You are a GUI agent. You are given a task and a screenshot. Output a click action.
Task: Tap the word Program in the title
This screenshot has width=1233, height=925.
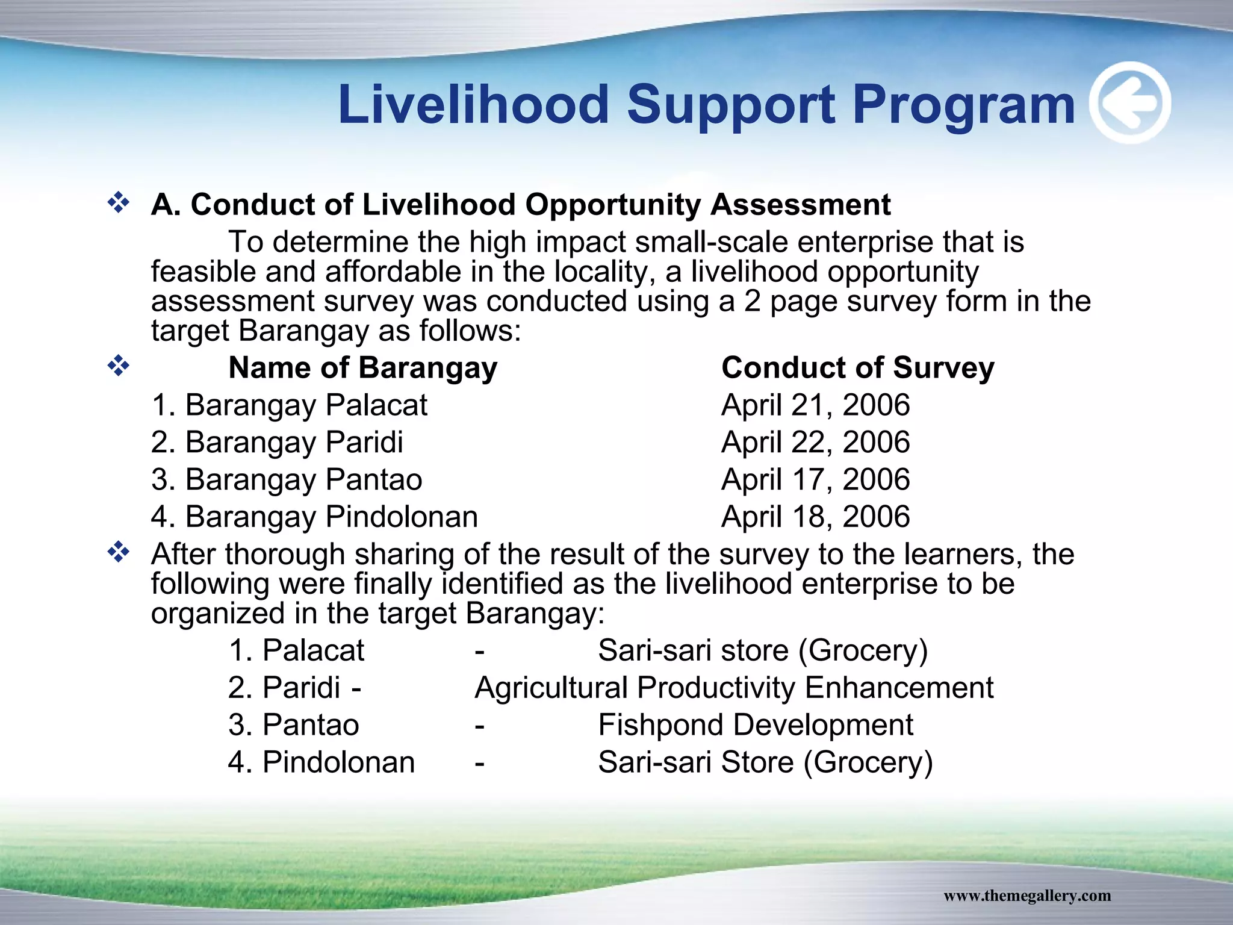(x=963, y=105)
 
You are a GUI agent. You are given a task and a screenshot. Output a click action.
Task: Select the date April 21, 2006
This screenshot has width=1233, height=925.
(x=815, y=405)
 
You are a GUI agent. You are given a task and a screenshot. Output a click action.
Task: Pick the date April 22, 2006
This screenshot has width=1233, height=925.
(x=815, y=442)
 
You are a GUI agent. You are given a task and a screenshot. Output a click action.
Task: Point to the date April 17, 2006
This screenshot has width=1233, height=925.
(x=815, y=479)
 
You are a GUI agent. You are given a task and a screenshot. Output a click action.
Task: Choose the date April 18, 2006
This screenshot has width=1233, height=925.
(x=815, y=517)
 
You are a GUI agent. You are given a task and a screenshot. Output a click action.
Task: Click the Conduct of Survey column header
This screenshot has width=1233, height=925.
(x=857, y=367)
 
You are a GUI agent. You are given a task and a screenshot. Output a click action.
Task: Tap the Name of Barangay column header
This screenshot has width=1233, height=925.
(x=363, y=367)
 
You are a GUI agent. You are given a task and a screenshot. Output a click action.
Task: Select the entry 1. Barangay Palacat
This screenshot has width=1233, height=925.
(x=289, y=405)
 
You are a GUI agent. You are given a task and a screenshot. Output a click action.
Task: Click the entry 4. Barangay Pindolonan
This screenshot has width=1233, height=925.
(x=314, y=517)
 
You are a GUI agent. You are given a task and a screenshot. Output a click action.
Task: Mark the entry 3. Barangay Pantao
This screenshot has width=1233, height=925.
(x=287, y=479)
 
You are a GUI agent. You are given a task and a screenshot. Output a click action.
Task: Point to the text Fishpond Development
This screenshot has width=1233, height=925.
(x=755, y=724)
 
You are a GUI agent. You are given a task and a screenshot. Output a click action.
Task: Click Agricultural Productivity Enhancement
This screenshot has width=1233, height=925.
(x=734, y=688)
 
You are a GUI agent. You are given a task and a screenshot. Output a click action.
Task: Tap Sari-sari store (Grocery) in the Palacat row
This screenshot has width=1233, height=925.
(x=762, y=650)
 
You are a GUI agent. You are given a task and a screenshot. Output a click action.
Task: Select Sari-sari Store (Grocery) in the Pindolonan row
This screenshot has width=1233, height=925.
(x=765, y=762)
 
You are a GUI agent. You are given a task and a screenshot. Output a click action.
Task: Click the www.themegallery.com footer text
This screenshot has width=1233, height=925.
(x=1027, y=895)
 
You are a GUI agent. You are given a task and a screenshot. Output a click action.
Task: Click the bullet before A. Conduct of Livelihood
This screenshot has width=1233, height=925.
(x=119, y=203)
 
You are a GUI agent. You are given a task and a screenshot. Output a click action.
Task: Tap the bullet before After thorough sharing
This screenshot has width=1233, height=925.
(x=119, y=552)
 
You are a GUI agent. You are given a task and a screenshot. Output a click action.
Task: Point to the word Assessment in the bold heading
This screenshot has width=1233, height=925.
(x=801, y=204)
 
